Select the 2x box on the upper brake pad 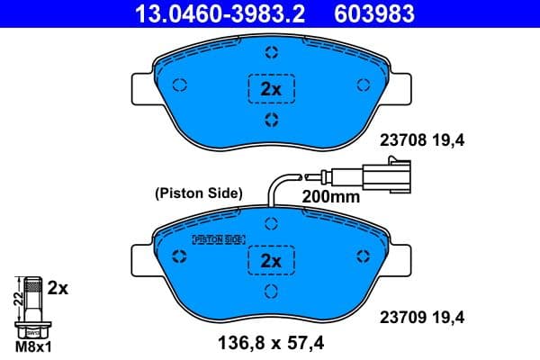[x=271, y=88]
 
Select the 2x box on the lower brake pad [x=271, y=261]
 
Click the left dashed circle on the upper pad [x=179, y=85]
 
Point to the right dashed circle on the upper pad [x=364, y=85]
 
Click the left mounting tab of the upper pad [x=143, y=87]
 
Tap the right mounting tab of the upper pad [x=400, y=87]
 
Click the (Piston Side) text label [x=198, y=192]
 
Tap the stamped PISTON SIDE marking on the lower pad [x=219, y=239]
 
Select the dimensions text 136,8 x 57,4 [x=271, y=343]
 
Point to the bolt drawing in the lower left [x=33, y=306]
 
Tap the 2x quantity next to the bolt [x=58, y=288]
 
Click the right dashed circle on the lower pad [x=364, y=257]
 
